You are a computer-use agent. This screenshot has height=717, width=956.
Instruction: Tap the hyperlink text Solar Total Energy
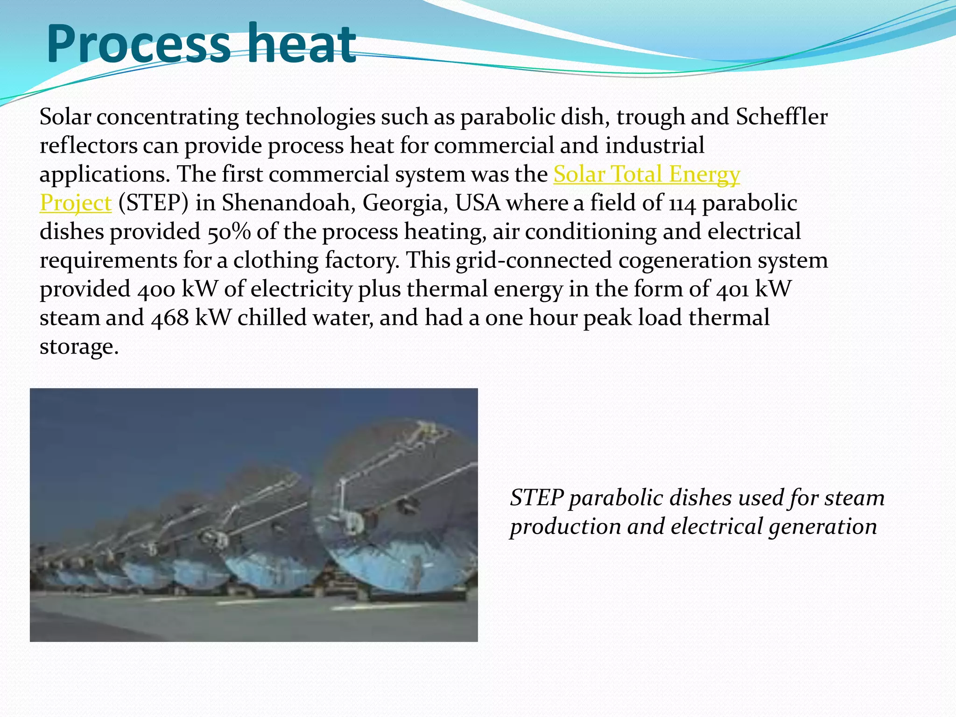(x=647, y=174)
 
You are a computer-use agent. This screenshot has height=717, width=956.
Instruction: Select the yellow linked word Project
(x=76, y=203)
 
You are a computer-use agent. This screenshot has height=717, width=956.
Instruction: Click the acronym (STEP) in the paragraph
(x=153, y=203)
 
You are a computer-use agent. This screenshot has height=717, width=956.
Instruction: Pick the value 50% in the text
(x=229, y=232)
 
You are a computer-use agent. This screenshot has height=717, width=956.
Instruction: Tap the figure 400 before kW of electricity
(x=156, y=289)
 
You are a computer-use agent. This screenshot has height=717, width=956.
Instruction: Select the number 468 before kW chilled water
(x=170, y=318)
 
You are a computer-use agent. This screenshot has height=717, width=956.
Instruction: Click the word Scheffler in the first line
(x=781, y=117)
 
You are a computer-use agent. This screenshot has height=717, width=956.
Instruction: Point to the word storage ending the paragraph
(x=78, y=347)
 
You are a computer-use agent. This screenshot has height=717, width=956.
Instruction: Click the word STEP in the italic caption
(x=537, y=498)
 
